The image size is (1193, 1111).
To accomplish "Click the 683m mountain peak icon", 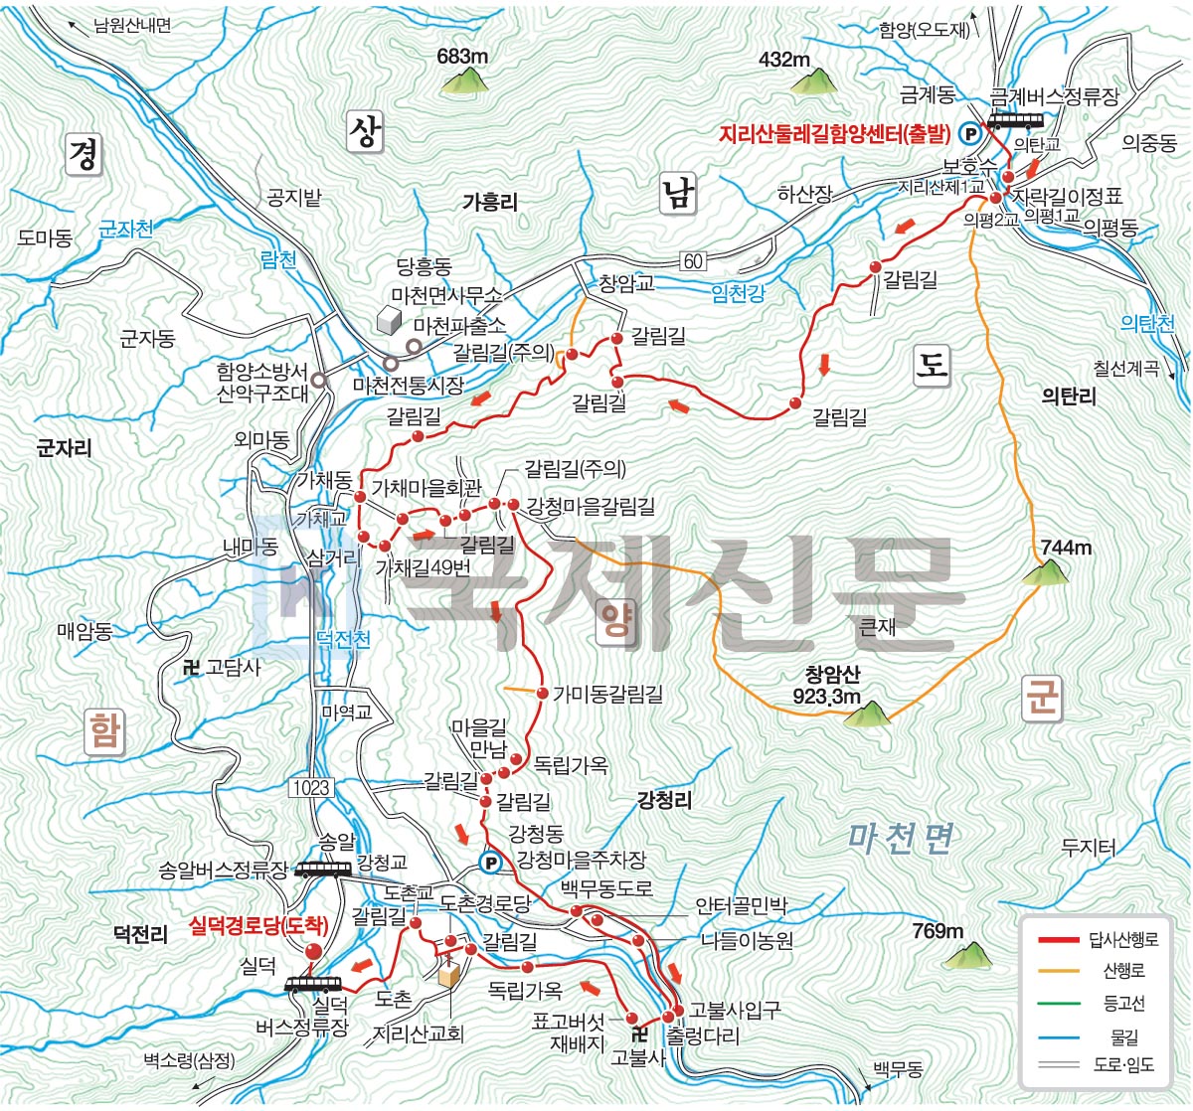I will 463,79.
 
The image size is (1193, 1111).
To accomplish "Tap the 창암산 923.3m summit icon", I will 868,714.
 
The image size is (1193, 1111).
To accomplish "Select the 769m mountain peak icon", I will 966,955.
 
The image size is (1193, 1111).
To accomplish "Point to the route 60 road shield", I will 693,261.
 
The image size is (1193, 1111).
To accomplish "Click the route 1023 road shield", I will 310,788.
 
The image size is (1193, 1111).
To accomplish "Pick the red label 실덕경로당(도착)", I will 257,926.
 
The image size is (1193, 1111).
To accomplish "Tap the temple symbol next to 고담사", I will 191,668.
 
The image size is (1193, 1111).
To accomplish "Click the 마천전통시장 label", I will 409,385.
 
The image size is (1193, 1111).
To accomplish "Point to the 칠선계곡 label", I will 1125,369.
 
